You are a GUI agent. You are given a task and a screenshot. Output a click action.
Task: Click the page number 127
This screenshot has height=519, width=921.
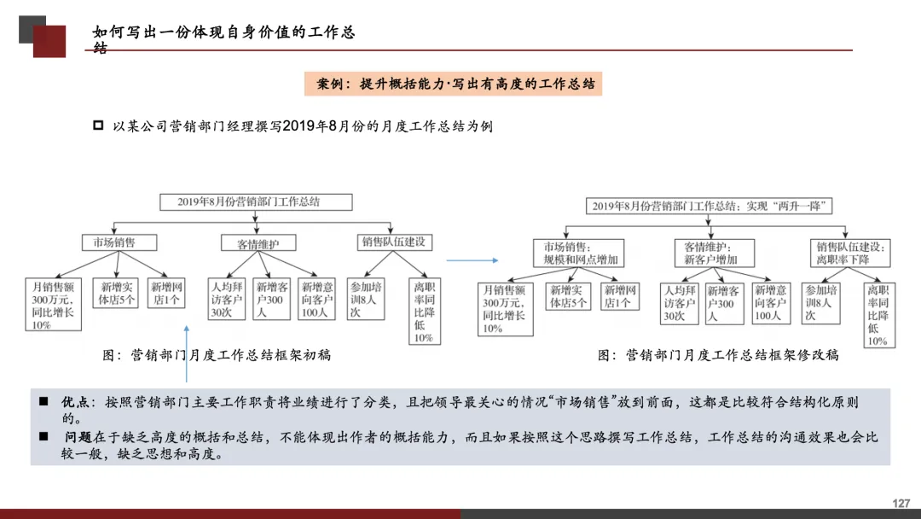pyautogui.click(x=901, y=504)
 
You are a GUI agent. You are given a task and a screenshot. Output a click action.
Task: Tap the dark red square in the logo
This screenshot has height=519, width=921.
pyautogui.click(x=49, y=41)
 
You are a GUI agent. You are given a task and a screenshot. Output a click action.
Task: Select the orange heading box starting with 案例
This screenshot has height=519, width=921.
pyautogui.click(x=453, y=84)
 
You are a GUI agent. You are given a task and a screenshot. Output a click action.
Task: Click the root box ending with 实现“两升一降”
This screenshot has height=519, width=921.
pyautogui.click(x=710, y=206)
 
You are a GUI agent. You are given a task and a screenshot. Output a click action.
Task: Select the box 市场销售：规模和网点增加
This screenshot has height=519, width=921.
pyautogui.click(x=581, y=253)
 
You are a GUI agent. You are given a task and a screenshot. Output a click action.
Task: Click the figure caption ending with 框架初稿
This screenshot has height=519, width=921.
pyautogui.click(x=217, y=355)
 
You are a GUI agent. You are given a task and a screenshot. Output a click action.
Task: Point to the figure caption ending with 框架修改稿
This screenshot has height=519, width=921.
pyautogui.click(x=718, y=355)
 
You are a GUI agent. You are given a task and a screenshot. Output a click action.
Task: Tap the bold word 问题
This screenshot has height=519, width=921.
pyautogui.click(x=78, y=437)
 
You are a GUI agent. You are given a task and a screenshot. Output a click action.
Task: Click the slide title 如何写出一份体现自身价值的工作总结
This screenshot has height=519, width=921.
pyautogui.click(x=223, y=33)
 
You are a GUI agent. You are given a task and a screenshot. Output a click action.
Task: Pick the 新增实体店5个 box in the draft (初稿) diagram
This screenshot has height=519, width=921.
pyautogui.click(x=117, y=294)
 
